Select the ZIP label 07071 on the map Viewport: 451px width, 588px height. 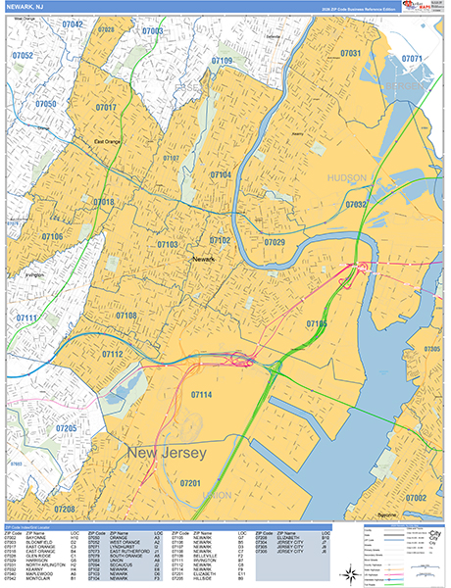[412, 59]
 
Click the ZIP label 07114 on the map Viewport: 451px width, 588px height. [201, 394]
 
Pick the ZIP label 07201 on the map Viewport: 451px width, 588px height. [190, 484]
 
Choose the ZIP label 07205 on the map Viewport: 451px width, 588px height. [66, 429]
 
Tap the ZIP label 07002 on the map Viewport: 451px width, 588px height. [416, 498]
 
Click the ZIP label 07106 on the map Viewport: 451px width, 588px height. [52, 236]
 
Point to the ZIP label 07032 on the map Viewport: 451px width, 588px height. [355, 204]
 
